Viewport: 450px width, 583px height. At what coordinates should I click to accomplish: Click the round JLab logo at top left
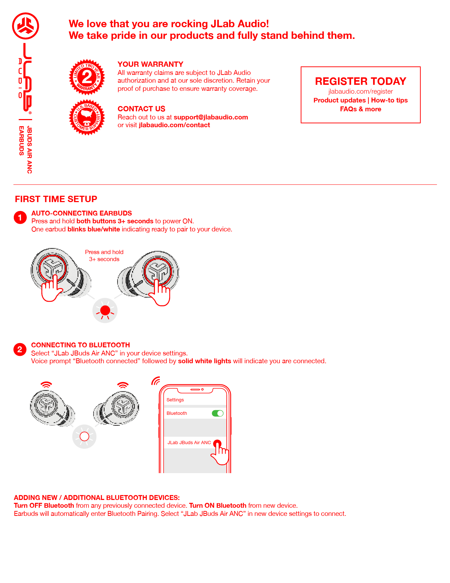25,26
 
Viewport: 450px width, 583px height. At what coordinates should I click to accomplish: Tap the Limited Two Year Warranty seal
87,77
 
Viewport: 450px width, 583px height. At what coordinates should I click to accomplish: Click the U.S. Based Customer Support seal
87,117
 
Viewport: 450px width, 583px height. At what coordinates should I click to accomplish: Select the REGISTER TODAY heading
360,81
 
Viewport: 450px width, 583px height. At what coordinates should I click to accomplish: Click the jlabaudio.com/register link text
360,92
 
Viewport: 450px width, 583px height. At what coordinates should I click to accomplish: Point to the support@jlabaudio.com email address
211,117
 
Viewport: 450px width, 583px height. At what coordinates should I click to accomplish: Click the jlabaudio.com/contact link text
174,125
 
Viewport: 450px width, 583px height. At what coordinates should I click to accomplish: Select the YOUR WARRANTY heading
150,64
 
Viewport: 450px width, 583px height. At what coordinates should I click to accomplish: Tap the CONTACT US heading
141,109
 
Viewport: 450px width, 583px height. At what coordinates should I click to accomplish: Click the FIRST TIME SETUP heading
56,199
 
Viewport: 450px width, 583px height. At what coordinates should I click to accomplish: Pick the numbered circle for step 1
20,218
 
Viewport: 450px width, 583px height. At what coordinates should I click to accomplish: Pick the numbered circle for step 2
20,350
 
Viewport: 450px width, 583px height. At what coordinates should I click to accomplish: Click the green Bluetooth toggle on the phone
217,413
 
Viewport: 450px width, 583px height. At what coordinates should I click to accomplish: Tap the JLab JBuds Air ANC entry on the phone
190,442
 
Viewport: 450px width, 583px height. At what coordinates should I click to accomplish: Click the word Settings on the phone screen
175,400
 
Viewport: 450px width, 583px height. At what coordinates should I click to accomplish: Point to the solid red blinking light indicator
105,311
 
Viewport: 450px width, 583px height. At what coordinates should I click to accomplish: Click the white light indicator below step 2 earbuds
84,437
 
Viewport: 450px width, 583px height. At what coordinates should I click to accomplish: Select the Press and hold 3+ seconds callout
104,255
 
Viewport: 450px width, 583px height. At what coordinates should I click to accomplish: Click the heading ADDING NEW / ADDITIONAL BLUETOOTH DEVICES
97,498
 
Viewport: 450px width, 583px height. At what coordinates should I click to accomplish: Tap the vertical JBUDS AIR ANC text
29,150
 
